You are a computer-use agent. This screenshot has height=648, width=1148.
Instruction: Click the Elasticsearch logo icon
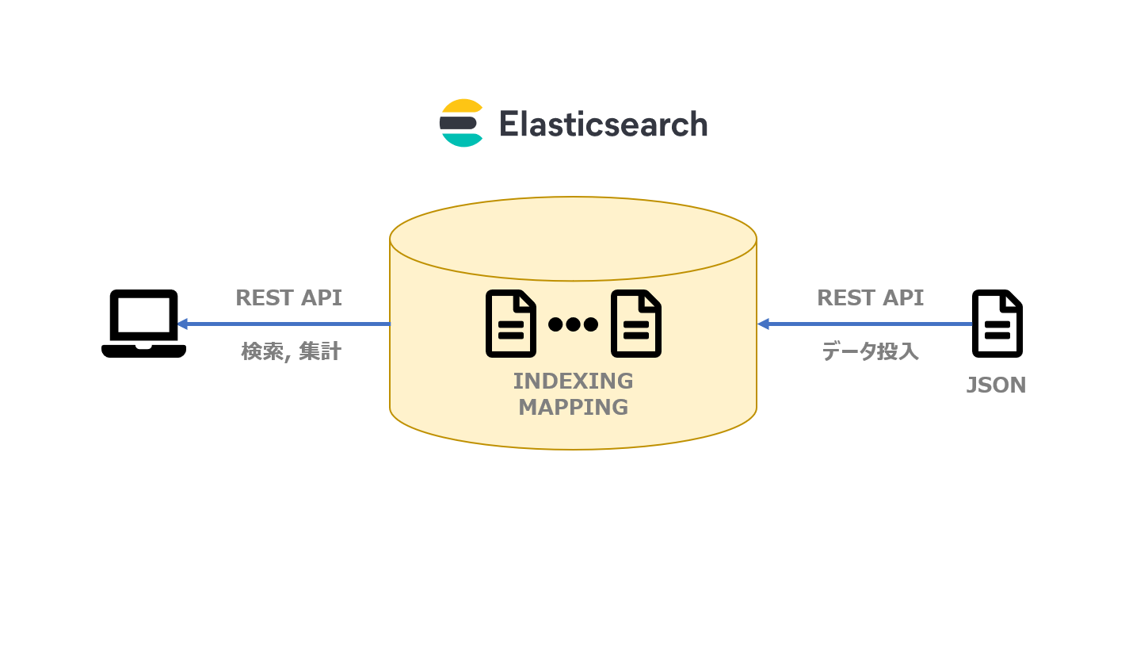point(461,123)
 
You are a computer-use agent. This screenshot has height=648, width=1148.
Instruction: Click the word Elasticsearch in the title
point(603,125)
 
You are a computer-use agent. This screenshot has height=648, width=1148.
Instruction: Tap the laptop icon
point(143,324)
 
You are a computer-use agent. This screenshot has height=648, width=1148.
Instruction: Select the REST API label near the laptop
point(288,298)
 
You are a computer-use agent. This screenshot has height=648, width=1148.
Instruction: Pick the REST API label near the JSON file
point(870,298)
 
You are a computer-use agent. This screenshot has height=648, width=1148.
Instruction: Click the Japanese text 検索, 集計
point(291,351)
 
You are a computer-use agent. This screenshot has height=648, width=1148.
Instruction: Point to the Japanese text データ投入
point(870,351)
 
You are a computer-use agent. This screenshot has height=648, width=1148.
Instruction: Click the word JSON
point(996,385)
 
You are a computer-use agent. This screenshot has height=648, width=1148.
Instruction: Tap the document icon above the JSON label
point(997,324)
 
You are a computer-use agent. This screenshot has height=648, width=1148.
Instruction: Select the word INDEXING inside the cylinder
point(573,382)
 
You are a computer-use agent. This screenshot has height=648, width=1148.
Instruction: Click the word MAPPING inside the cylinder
point(573,408)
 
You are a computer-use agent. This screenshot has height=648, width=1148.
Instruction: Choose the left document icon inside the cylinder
point(511,324)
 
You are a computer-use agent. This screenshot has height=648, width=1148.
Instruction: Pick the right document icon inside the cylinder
point(635,324)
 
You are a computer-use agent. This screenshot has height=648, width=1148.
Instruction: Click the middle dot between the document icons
point(574,324)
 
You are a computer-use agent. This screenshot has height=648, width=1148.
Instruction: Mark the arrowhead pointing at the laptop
point(182,324)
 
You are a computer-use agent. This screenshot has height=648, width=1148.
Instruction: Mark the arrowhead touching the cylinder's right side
point(763,324)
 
